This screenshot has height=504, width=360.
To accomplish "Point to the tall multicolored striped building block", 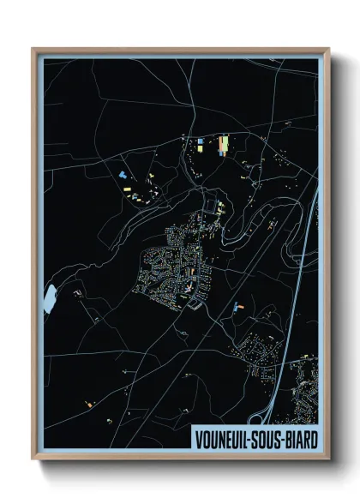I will point(225,145).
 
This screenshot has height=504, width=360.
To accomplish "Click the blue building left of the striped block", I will point(201,141).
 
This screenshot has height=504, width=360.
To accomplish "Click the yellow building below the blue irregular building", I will point(135,197).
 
